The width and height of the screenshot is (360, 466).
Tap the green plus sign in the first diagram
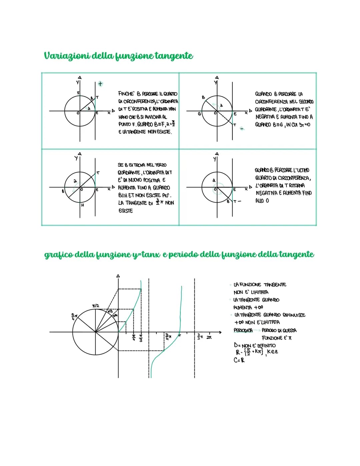pos(100,84)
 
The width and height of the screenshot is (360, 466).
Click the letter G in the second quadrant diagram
pos(199,114)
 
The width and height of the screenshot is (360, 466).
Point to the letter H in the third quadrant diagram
pos(83,205)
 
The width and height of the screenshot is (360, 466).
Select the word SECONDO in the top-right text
pos(305,102)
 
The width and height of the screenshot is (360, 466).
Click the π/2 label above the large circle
pos(95,306)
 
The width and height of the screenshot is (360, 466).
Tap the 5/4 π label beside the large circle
pos(74,315)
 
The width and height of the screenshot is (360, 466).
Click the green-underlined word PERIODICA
pos(243,330)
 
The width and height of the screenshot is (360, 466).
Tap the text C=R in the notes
pos(239,360)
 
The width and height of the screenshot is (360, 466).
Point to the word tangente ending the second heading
pos(297,255)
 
